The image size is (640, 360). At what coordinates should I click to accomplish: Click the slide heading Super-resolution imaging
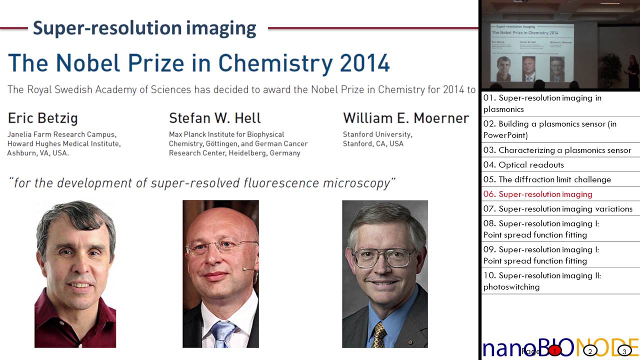[144, 28]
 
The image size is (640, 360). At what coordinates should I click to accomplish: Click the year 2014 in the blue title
[364, 63]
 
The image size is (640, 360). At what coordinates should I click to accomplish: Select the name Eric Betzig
[42, 118]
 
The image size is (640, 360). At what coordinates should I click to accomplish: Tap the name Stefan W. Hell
[215, 118]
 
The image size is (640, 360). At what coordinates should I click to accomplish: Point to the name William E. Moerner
[405, 118]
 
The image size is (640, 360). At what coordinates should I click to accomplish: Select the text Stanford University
[377, 134]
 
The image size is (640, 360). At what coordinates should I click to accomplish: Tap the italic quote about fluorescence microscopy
[202, 183]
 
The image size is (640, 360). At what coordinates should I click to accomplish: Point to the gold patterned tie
[379, 334]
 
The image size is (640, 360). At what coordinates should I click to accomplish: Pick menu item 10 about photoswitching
[542, 281]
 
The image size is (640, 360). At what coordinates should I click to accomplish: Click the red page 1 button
[554, 351]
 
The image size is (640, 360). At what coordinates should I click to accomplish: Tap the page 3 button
[624, 351]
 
